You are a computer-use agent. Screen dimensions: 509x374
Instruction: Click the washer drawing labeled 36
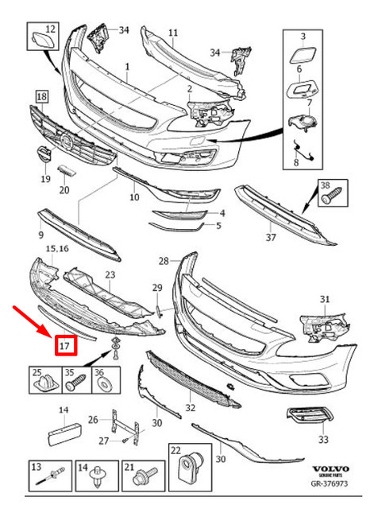(x=102, y=386)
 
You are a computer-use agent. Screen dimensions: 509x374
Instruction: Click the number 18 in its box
(x=40, y=95)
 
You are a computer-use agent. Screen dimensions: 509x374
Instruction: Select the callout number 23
(x=110, y=274)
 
